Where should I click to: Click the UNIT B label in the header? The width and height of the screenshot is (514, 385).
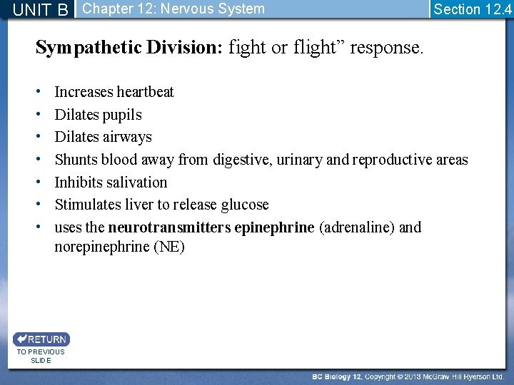tap(41, 9)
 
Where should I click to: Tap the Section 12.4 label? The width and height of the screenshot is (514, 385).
tap(472, 9)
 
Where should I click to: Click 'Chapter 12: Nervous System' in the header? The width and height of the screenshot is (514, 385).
tap(173, 9)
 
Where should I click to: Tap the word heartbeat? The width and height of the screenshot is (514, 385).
tap(145, 92)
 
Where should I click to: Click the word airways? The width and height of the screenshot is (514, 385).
tap(129, 137)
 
